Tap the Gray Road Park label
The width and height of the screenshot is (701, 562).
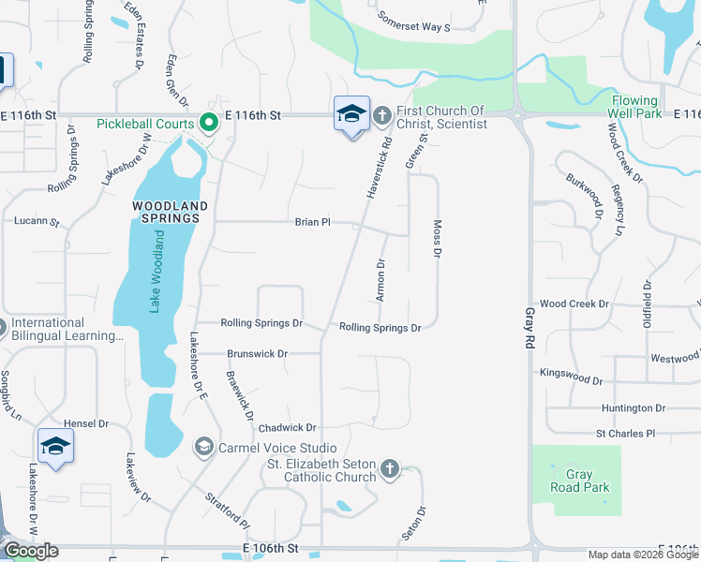581,481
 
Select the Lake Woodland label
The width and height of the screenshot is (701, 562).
158,273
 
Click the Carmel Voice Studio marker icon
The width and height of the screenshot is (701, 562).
203,448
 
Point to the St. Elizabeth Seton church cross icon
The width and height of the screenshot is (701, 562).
390,467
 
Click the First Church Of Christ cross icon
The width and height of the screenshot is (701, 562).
381,116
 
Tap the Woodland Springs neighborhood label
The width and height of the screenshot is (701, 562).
166,211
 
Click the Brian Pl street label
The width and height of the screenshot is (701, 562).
313,222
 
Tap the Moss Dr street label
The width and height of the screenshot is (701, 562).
437,241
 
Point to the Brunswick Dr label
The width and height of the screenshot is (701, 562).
257,353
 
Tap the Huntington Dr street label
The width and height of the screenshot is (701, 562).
634,408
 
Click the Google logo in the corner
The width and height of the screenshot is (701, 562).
32,551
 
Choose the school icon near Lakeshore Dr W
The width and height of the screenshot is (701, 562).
55,446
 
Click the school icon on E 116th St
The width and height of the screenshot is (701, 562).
351,114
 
